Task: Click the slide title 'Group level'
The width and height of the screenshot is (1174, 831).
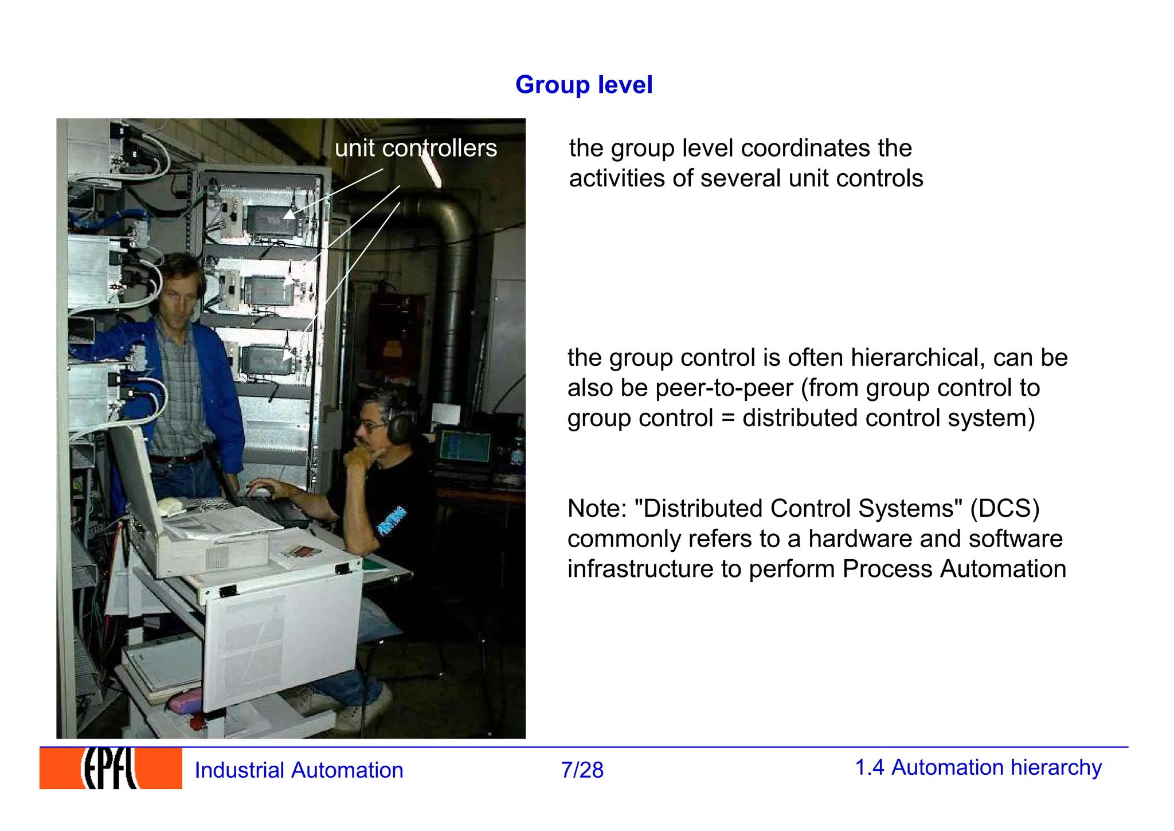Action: coord(584,85)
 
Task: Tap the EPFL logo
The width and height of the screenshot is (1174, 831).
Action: coord(111,768)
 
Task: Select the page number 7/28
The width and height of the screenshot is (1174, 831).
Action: coord(582,770)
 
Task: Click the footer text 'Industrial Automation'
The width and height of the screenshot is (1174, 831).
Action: coord(299,770)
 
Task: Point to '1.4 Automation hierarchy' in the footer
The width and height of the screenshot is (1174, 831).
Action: coord(978,767)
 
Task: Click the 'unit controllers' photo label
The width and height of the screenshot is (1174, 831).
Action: coord(416,148)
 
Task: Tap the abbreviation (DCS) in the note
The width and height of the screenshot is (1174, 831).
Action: coord(1004,509)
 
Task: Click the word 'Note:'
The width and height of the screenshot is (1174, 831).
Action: coord(597,509)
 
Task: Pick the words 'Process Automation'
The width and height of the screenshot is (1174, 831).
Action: coord(954,569)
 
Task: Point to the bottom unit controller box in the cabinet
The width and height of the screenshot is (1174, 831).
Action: coord(265,360)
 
